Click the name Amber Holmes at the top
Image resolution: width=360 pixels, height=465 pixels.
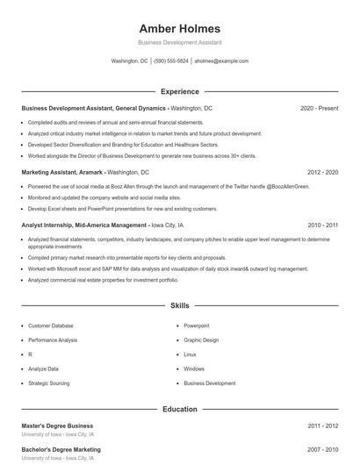click(180, 28)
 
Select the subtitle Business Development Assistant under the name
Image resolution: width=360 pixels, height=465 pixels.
click(180, 42)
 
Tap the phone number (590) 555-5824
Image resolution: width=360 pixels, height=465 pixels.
click(171, 61)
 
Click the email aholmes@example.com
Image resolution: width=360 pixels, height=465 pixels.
click(221, 61)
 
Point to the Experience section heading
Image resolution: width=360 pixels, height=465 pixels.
click(180, 91)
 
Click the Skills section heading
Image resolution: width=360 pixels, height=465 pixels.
click(180, 306)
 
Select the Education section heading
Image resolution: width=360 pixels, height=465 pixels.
click(180, 409)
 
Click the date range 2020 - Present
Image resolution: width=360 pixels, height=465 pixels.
click(319, 108)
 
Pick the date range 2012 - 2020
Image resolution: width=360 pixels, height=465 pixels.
click(322, 173)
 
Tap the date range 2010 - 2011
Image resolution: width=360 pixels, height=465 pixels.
click(322, 225)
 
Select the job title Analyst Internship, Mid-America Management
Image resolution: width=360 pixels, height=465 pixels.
click(83, 225)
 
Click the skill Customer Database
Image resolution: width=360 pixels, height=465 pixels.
click(51, 325)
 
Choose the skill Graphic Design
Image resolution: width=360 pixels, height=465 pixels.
click(201, 340)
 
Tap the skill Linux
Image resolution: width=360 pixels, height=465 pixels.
click(190, 354)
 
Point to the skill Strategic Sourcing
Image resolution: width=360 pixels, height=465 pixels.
click(49, 383)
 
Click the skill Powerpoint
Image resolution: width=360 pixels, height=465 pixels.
click(197, 325)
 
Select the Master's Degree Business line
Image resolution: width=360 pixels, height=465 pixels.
click(57, 426)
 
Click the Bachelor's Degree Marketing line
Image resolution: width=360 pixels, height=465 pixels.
click(61, 449)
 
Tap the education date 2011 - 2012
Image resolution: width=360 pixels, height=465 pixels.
click(322, 426)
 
